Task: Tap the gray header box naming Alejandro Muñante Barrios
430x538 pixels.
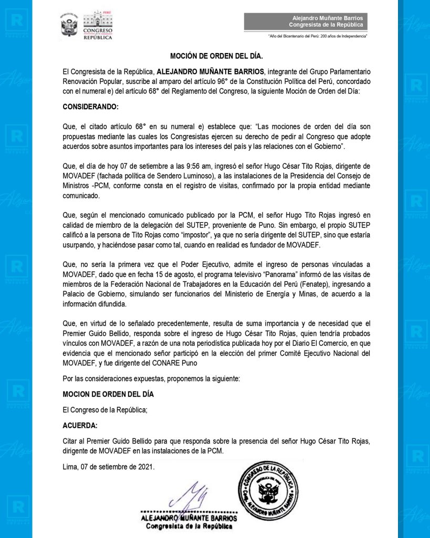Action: click(306, 22)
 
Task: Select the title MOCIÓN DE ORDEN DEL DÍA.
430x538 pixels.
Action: click(215, 55)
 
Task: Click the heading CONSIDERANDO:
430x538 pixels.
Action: click(91, 107)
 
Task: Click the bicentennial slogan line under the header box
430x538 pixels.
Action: click(317, 36)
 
